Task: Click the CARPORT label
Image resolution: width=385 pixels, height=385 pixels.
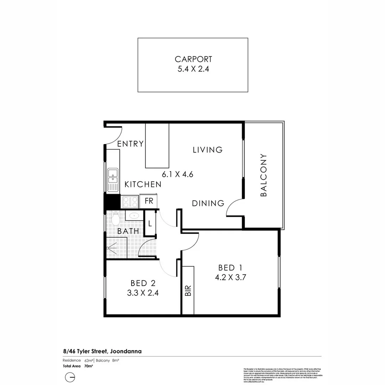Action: pyautogui.click(x=193, y=59)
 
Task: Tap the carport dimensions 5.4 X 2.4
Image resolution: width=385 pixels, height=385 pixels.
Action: pyautogui.click(x=193, y=69)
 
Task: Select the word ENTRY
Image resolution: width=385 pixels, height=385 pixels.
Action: pyautogui.click(x=130, y=144)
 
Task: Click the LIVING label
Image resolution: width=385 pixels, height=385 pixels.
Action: pyautogui.click(x=207, y=150)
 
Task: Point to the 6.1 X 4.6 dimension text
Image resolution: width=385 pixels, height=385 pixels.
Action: pyautogui.click(x=178, y=175)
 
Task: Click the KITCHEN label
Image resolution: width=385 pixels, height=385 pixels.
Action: pyautogui.click(x=143, y=184)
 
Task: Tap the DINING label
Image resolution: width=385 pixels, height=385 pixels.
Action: pyautogui.click(x=208, y=203)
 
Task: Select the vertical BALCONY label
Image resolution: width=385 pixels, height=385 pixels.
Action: pyautogui.click(x=263, y=175)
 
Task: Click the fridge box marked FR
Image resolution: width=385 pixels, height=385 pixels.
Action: pyautogui.click(x=149, y=201)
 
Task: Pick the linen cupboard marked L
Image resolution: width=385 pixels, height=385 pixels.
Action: pyautogui.click(x=150, y=224)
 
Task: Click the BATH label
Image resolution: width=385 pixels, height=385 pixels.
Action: pyautogui.click(x=128, y=231)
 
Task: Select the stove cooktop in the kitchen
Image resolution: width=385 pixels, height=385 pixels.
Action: pyautogui.click(x=130, y=202)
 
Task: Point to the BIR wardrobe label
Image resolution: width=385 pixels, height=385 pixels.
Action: pyautogui.click(x=188, y=291)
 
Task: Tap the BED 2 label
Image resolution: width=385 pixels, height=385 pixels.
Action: pyautogui.click(x=143, y=283)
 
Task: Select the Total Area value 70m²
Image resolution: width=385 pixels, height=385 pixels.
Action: pyautogui.click(x=89, y=366)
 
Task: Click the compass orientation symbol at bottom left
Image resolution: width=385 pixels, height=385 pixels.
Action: pyautogui.click(x=70, y=377)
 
